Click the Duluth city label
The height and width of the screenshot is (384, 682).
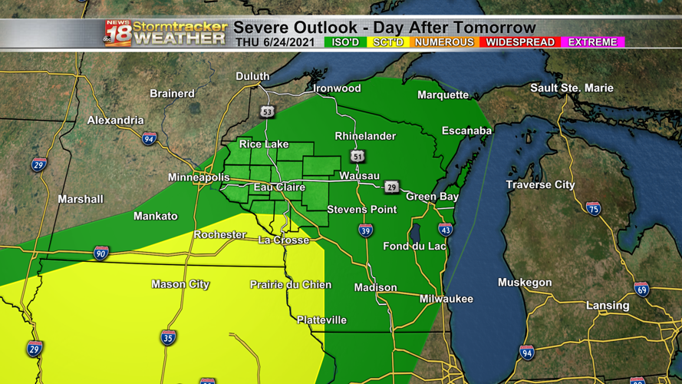point(252,76)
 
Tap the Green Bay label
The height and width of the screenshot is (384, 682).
point(432,197)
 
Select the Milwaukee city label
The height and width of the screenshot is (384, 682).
point(446,299)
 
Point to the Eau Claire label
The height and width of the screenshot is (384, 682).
point(279,187)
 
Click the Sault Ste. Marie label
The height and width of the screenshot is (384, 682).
point(572,88)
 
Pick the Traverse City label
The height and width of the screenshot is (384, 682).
point(540,185)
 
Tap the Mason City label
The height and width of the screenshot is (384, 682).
point(180,284)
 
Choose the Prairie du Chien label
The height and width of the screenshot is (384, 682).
point(291,285)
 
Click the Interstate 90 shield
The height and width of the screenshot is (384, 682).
point(101,253)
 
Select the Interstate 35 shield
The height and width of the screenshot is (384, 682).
point(169,337)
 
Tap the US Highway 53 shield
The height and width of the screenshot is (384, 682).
point(266,111)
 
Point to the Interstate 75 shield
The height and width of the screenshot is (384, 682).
point(593,208)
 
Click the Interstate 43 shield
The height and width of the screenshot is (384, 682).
point(445,229)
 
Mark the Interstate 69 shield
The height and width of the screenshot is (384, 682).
point(641,290)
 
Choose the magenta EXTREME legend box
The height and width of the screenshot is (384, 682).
point(592,41)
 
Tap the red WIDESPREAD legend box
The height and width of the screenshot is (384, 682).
point(519,41)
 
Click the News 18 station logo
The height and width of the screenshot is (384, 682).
point(118,33)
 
